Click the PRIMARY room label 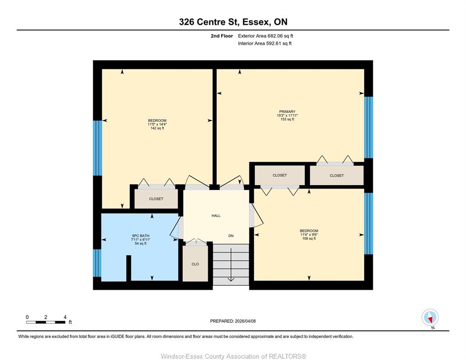(x=287, y=112)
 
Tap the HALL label (x=216, y=216)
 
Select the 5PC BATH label (x=141, y=236)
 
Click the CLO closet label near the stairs (x=195, y=264)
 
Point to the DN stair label (x=231, y=236)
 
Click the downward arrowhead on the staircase (x=231, y=279)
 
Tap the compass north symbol (x=430, y=318)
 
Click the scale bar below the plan (x=46, y=322)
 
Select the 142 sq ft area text (x=157, y=128)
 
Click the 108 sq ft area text (x=309, y=239)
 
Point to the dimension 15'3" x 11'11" (x=287, y=115)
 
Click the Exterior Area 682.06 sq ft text (x=265, y=36)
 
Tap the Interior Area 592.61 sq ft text (x=264, y=44)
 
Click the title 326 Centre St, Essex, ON (x=233, y=22)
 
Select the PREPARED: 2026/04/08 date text (x=233, y=321)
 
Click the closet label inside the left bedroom (x=156, y=199)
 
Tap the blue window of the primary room (x=368, y=127)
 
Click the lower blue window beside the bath (x=97, y=263)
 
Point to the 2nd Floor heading (x=222, y=36)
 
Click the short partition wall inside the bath (x=128, y=268)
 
